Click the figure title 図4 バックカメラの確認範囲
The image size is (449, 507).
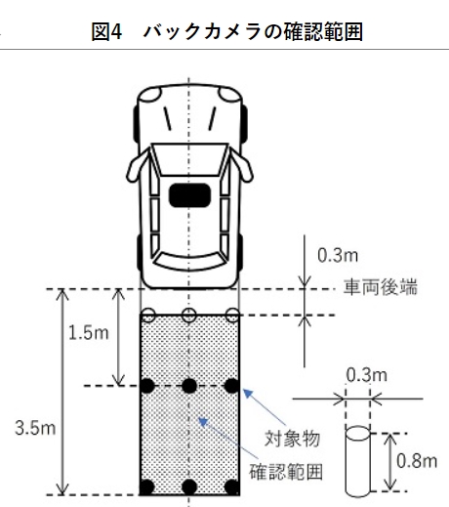(226, 32)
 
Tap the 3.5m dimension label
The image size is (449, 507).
(35, 428)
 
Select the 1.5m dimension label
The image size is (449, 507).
(88, 333)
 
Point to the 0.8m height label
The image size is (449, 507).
(417, 461)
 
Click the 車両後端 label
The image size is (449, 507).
(381, 287)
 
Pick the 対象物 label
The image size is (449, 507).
(292, 439)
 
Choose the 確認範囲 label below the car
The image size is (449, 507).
(286, 472)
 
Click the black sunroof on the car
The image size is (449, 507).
(189, 195)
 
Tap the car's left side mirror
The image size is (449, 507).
(137, 168)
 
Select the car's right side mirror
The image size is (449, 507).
(241, 167)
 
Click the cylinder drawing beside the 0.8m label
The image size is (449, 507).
(357, 462)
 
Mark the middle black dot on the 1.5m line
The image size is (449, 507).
(189, 386)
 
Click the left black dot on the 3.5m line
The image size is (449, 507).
(147, 487)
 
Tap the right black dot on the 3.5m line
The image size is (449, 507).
(232, 487)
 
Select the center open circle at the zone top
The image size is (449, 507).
(188, 315)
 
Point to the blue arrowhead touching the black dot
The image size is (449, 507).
(248, 393)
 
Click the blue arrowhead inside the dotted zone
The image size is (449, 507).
(203, 422)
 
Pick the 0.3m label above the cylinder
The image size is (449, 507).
(367, 375)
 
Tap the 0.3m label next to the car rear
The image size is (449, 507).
(338, 255)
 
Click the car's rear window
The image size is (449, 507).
(190, 262)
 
